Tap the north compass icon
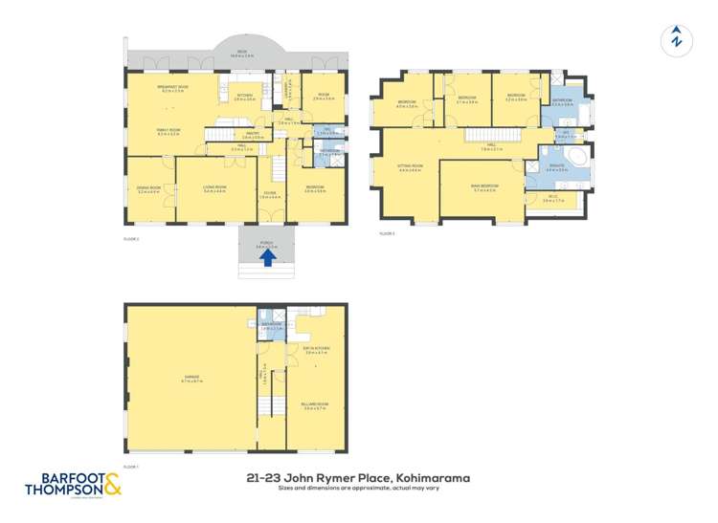[677, 40]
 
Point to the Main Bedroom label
[486, 188]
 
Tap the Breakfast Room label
[172, 89]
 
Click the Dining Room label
[148, 189]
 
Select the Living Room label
[214, 189]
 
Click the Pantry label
[253, 134]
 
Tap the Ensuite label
[557, 167]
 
